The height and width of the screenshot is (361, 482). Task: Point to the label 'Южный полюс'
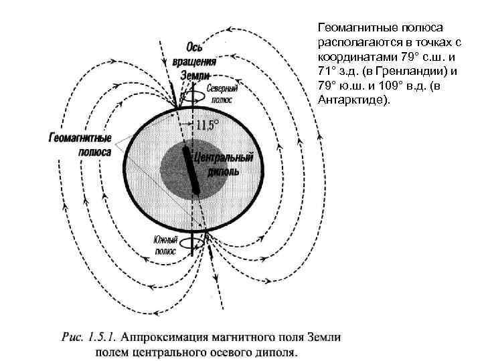click(166, 246)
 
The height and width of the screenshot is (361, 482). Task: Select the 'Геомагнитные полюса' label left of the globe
click(80, 144)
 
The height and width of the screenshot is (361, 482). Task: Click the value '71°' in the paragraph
click(326, 71)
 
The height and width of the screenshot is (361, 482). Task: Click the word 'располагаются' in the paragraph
click(355, 43)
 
